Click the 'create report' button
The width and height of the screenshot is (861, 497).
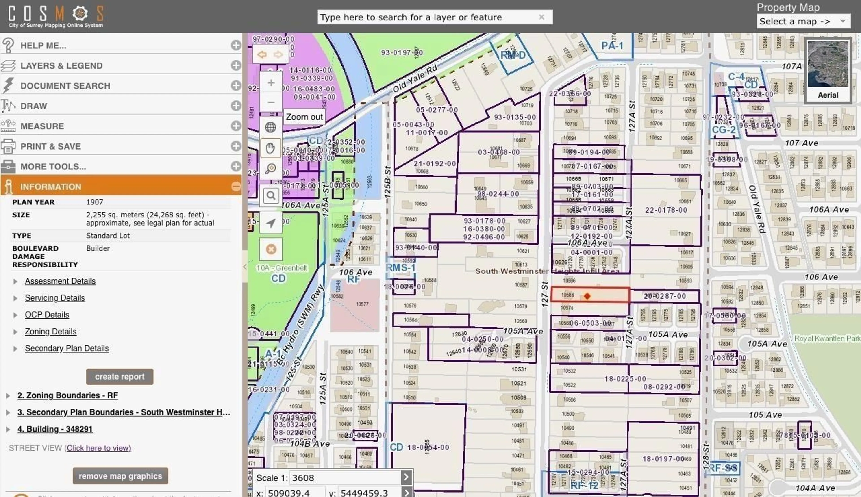120,376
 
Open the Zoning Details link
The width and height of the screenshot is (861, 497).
50,332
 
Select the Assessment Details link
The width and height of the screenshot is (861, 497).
60,281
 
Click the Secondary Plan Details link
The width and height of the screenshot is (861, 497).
67,348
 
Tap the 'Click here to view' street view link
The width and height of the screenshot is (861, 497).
99,448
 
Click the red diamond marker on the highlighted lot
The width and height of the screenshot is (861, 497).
587,296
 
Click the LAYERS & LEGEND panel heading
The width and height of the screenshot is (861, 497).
61,65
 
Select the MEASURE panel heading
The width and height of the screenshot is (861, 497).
42,126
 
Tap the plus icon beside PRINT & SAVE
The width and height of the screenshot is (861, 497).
236,146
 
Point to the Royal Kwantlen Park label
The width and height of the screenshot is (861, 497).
827,338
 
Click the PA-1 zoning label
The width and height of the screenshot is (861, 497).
612,46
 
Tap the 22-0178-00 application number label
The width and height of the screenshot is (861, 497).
666,210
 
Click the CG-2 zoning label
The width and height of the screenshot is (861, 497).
723,130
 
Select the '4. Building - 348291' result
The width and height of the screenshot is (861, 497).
55,429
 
